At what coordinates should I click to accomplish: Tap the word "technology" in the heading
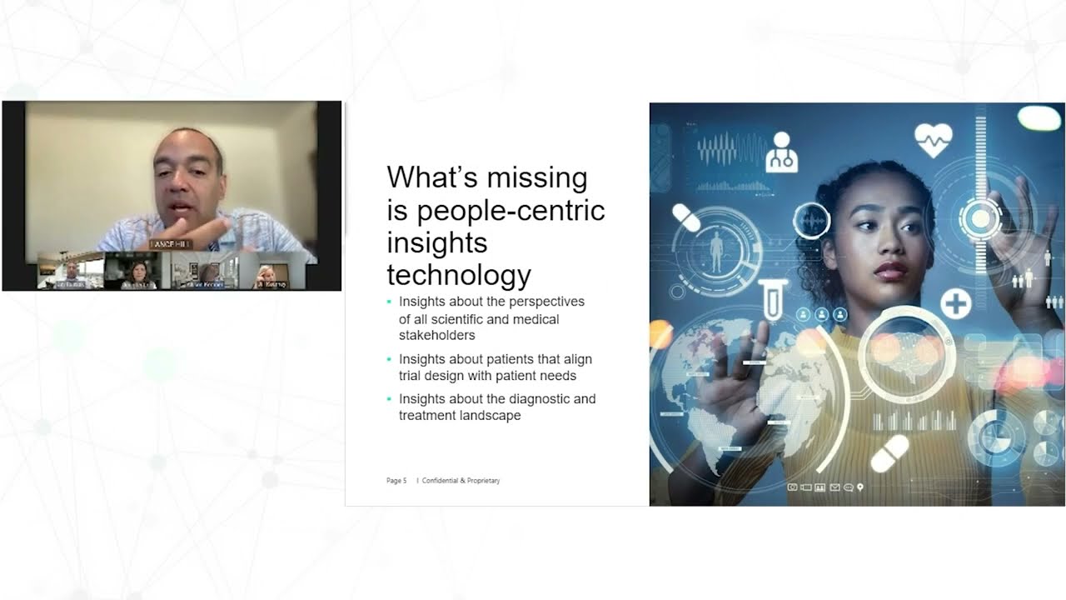459,274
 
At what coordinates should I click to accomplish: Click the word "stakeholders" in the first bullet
436,335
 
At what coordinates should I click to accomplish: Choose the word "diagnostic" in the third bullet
531,398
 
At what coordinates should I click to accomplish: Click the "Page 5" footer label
396,481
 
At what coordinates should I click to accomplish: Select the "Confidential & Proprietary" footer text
461,481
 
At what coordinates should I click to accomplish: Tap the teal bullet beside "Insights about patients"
389,359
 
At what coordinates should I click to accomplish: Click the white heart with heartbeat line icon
933,139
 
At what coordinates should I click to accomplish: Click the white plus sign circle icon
955,303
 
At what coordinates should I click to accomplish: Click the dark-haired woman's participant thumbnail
137,272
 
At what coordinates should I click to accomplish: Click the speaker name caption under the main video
171,243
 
